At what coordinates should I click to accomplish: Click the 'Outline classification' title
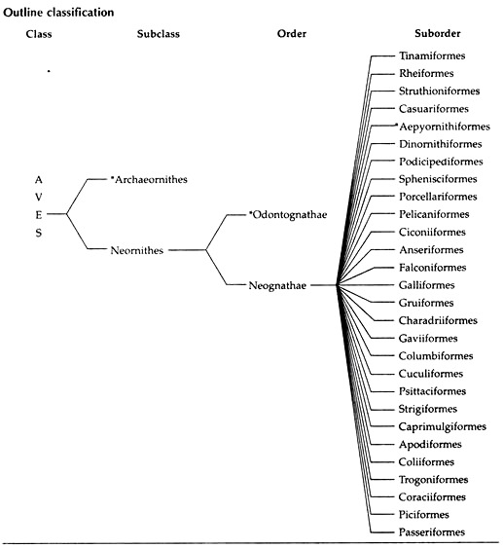58,13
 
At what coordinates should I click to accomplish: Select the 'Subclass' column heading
159,34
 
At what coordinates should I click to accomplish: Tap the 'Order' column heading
292,33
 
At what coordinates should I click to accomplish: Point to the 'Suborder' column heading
438,33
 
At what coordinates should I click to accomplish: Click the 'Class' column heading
39,34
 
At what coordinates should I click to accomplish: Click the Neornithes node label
137,250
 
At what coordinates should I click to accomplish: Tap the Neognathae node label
277,285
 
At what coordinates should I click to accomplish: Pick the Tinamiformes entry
432,55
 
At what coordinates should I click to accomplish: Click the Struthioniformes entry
440,91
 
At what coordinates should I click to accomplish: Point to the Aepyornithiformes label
445,127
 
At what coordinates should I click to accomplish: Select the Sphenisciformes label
438,179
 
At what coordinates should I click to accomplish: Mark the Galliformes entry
427,285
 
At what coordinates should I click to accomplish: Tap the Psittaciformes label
432,390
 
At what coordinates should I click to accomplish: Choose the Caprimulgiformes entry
443,426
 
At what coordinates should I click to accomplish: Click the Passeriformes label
432,531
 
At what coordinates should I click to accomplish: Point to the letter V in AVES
38,198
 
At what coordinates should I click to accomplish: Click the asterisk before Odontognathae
250,212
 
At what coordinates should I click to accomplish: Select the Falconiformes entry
433,268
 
